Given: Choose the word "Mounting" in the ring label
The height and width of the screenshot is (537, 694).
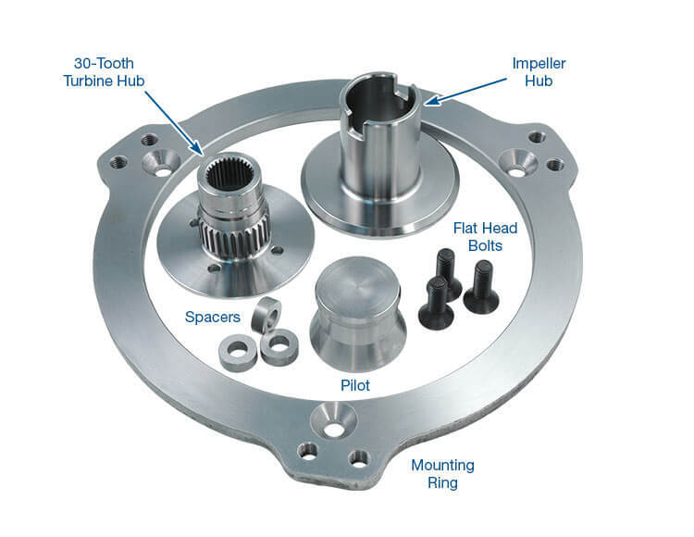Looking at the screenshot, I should [x=443, y=464].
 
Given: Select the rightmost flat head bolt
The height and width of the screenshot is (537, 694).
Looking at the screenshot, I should [x=481, y=287].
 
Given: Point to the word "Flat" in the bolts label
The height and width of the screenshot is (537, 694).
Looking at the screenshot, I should [x=467, y=227].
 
